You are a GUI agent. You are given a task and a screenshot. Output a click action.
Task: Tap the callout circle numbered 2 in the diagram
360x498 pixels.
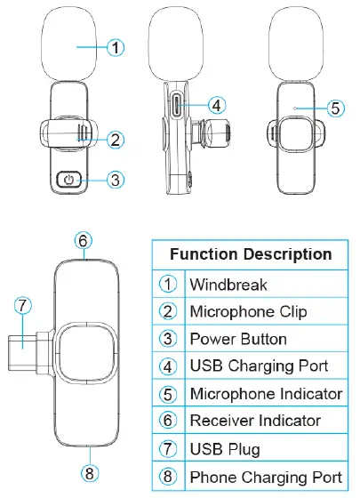pyautogui.click(x=116, y=139)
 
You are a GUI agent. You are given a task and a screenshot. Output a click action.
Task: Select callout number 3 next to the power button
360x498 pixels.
pyautogui.click(x=116, y=180)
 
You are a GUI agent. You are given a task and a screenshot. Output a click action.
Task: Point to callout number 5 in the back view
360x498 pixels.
pyautogui.click(x=334, y=108)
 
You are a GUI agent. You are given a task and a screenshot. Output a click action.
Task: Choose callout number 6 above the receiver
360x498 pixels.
pyautogui.click(x=83, y=240)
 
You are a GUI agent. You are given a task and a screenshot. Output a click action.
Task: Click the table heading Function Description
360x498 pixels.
pyautogui.click(x=251, y=254)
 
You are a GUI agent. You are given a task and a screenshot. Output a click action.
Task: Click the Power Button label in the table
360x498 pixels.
pyautogui.click(x=238, y=339)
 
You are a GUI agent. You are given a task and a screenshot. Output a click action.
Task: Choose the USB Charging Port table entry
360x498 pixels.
pyautogui.click(x=259, y=366)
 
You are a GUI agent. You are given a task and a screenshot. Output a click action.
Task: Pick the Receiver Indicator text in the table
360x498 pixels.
pyautogui.click(x=256, y=421)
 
